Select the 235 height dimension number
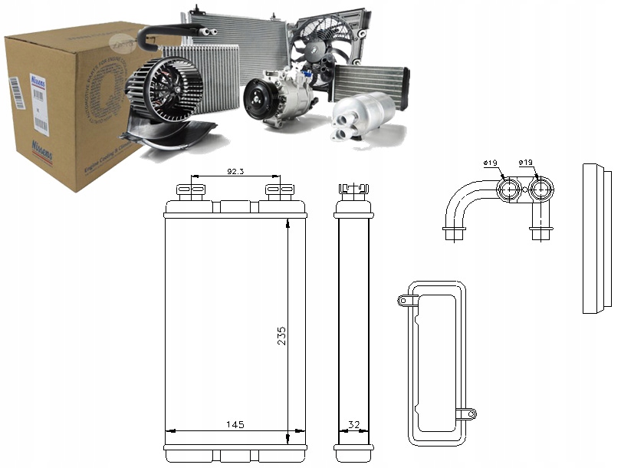282,337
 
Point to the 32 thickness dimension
353,424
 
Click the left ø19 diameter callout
491,163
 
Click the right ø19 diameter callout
526,163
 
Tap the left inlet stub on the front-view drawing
188,190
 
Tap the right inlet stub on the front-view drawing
273,190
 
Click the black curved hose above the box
172,31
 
